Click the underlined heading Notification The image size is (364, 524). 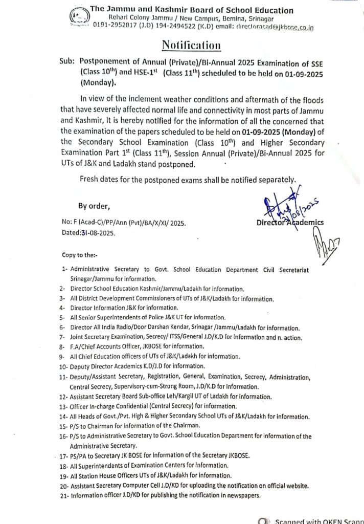[191, 46]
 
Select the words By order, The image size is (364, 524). [94, 206]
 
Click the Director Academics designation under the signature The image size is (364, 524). [289, 223]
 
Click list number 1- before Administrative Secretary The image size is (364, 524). [64, 268]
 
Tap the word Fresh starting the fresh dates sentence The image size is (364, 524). [90, 180]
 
